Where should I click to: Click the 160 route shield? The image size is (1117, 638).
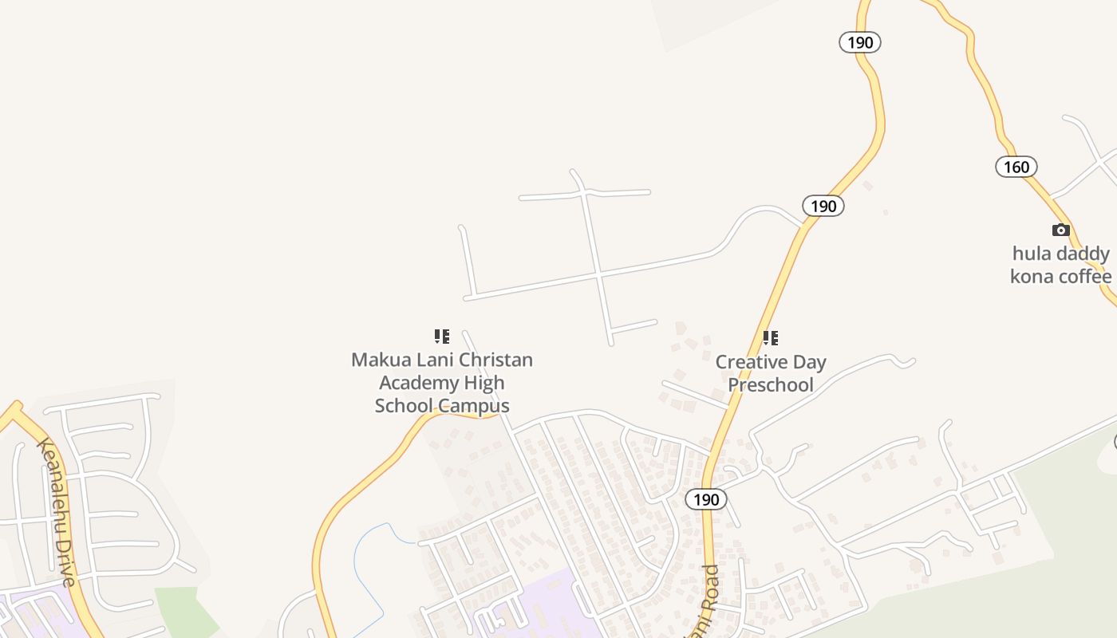coord(1016,167)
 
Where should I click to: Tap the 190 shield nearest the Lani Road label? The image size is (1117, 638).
coord(706,500)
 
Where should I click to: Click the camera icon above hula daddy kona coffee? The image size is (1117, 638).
coord(1061,230)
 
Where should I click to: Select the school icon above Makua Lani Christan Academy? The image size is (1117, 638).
coord(442,337)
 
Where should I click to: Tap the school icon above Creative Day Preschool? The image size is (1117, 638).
coord(770,338)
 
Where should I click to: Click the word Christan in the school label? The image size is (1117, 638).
coord(493,360)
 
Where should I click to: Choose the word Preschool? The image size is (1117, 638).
coord(771,384)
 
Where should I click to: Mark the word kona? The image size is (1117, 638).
coord(1032,277)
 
